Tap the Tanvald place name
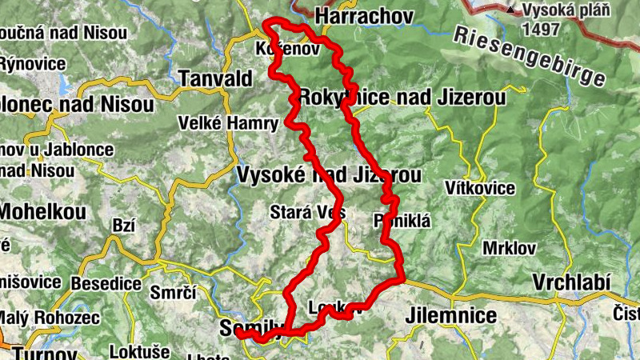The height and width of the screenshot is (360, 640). tap(215, 78)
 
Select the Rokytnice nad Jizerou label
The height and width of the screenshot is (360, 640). tap(402, 98)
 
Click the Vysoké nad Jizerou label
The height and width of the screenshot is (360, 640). tap(328, 174)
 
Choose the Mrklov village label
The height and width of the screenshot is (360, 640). tap(509, 248)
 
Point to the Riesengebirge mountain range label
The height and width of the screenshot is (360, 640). tap(527, 56)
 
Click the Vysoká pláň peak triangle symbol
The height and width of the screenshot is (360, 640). tap(510, 10)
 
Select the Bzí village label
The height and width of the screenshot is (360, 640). tap(124, 226)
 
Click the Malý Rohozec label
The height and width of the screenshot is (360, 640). tap(50, 318)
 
